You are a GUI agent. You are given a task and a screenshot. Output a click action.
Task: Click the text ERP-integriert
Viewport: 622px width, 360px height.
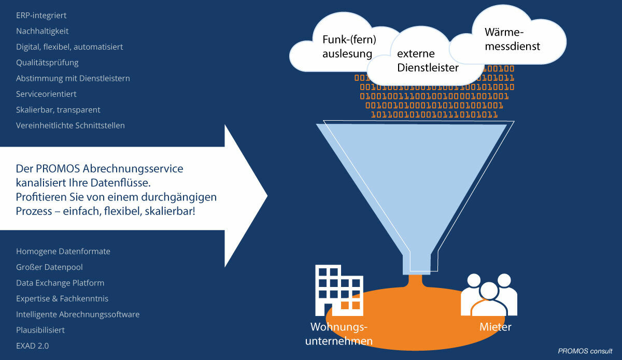click(x=41, y=16)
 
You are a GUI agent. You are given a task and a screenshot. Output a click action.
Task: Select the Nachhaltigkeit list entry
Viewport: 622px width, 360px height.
click(x=43, y=31)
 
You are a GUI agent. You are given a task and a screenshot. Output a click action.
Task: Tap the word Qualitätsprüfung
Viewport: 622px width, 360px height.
click(x=47, y=63)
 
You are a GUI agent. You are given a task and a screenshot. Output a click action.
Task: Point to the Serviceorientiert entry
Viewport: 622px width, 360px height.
click(x=46, y=94)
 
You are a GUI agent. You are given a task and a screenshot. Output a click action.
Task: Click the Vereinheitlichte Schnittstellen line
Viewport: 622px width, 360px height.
click(x=70, y=125)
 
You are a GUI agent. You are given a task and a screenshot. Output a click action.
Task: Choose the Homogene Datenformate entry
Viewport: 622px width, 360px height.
click(x=63, y=251)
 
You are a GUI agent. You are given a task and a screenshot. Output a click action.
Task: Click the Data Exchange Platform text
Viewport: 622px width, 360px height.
click(x=60, y=283)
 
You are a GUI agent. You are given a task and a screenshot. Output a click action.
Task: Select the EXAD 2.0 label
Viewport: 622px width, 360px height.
click(x=33, y=345)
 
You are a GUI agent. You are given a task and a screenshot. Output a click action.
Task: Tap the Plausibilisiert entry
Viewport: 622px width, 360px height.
click(x=40, y=330)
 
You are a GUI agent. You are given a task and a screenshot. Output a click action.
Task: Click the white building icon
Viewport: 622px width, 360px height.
click(x=338, y=290)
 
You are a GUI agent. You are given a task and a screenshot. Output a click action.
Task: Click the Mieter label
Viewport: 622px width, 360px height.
click(x=495, y=327)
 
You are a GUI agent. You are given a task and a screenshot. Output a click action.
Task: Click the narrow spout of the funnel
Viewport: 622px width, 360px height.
click(x=415, y=262)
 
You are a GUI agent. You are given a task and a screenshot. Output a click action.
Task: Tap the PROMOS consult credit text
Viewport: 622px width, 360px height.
click(x=585, y=351)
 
